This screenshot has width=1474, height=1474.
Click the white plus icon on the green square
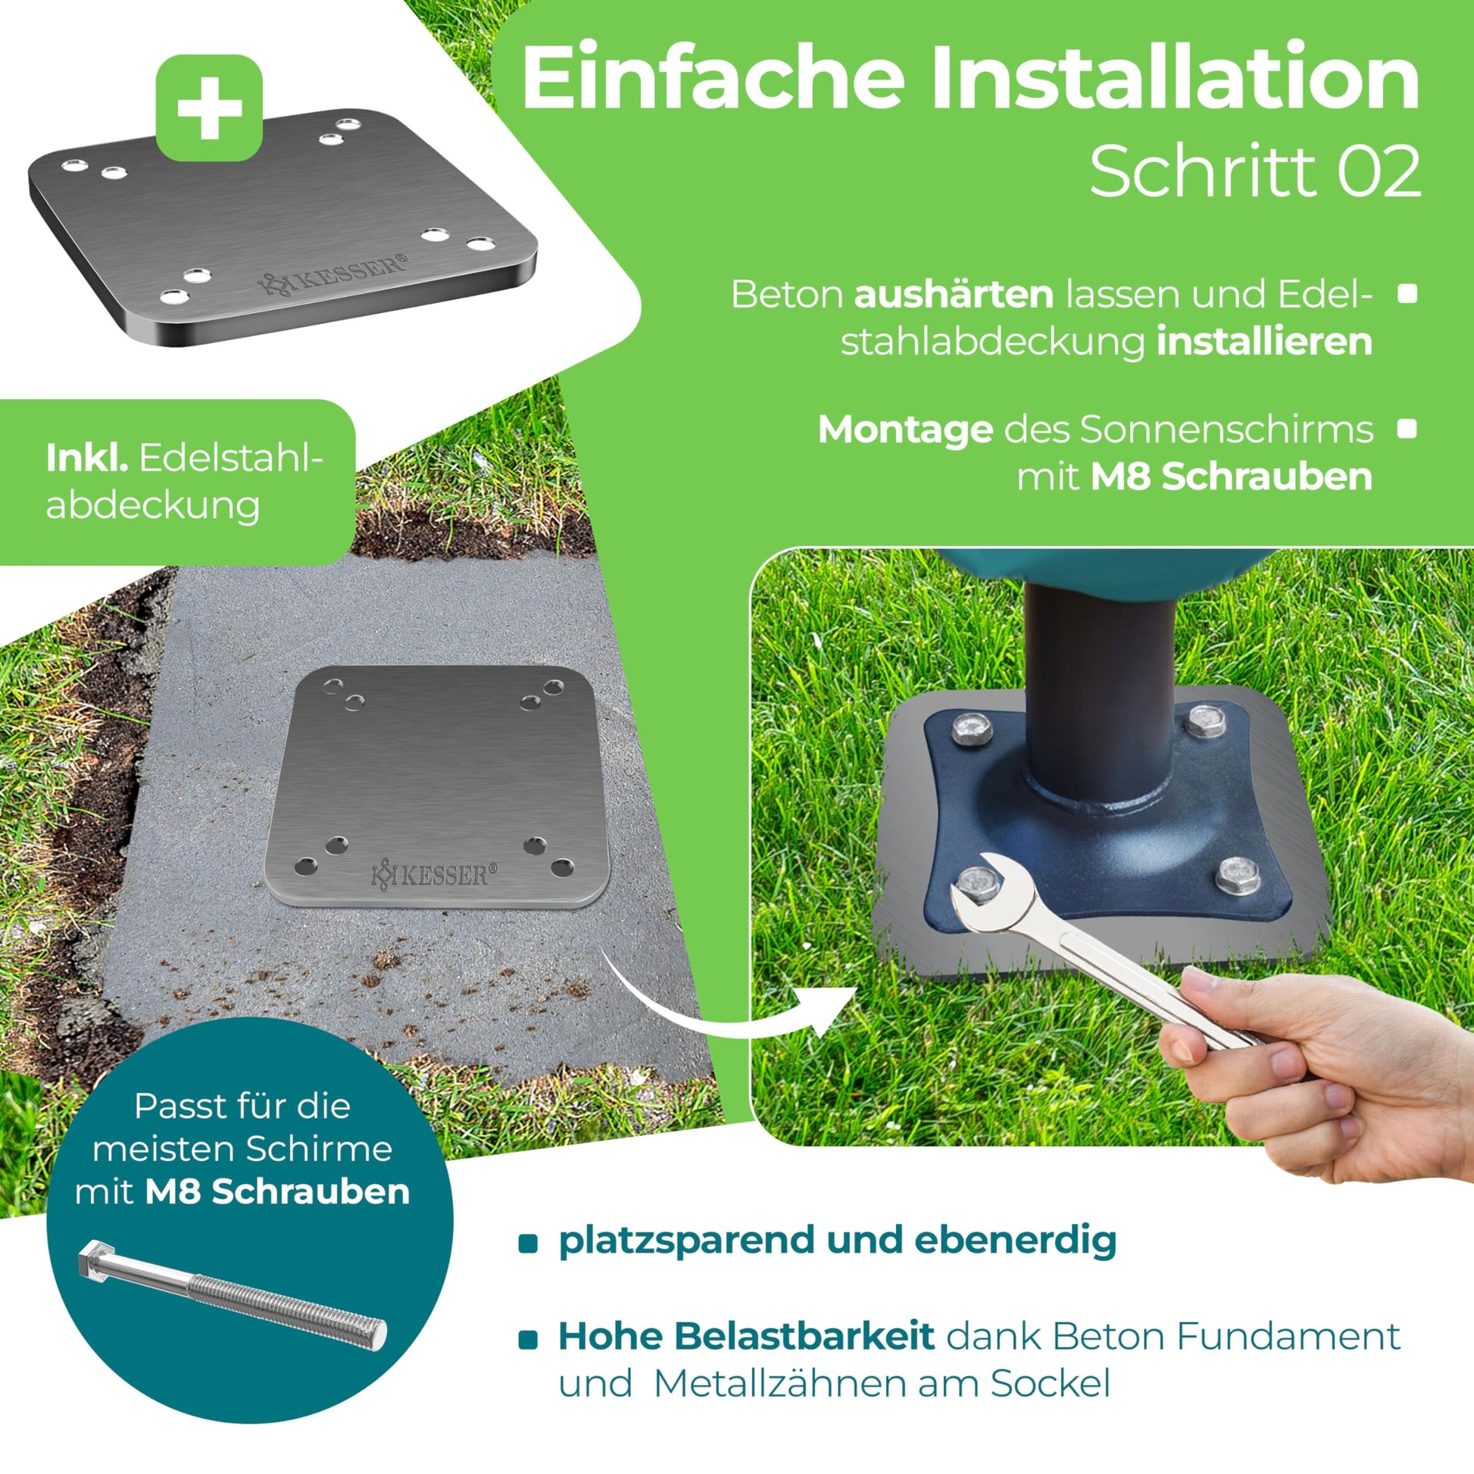tap(209, 108)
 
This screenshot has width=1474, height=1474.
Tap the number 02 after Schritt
tap(1379, 172)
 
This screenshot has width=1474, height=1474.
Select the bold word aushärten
tap(954, 294)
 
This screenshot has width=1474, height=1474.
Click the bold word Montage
tap(906, 430)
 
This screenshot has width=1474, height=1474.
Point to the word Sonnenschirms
tap(1227, 430)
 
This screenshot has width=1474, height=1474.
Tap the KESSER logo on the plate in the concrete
tap(433, 874)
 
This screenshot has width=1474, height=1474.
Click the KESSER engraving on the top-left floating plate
tap(333, 274)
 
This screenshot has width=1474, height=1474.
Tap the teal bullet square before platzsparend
tap(528, 1244)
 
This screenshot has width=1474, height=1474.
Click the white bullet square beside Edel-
tap(1407, 294)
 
